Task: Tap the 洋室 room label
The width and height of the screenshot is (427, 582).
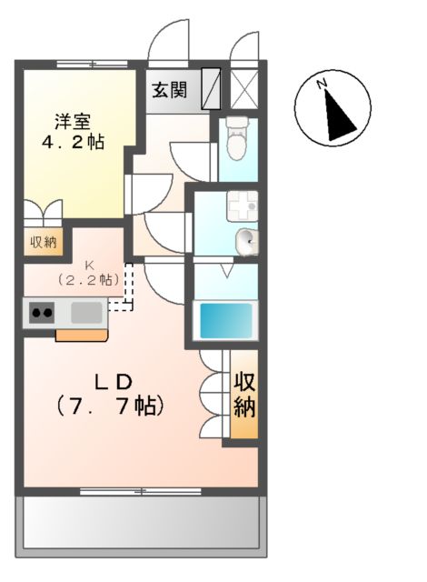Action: (x=71, y=121)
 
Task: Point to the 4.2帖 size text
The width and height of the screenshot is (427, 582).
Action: (x=71, y=143)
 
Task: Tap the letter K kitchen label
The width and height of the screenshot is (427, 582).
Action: (x=90, y=265)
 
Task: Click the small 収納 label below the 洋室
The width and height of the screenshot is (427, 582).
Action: (x=43, y=242)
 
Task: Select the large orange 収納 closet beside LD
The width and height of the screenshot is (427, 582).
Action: (x=243, y=394)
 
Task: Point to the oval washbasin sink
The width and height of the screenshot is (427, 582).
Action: (x=245, y=240)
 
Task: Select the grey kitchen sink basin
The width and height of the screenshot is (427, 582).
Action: (x=87, y=313)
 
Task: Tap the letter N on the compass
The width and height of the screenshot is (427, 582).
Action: (x=322, y=84)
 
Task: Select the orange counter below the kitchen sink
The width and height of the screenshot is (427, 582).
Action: (x=82, y=335)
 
